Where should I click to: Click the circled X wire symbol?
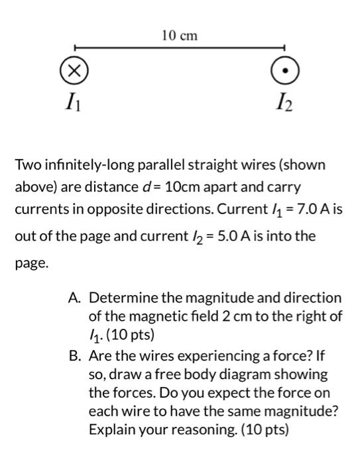pos(74,71)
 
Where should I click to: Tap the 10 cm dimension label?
pos(180,35)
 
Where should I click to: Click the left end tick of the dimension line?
pos(74,48)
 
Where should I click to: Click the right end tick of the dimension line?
pos(284,48)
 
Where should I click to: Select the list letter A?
pos(74,298)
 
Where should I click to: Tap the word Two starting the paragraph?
pos(28,164)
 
